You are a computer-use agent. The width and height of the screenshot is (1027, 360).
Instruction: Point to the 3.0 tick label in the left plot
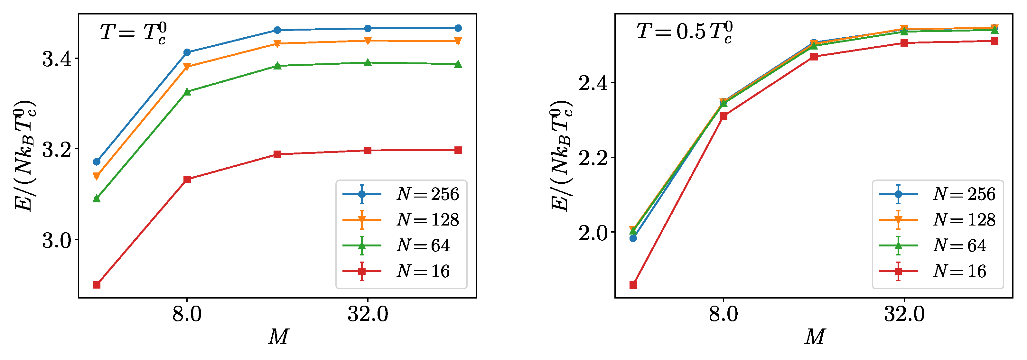pyautogui.click(x=57, y=240)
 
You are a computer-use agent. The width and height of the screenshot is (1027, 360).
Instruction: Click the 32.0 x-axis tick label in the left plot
pyautogui.click(x=368, y=314)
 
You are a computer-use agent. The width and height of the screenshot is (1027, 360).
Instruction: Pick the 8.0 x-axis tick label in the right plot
pyautogui.click(x=723, y=314)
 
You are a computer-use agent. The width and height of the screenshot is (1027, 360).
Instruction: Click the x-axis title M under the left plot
pyautogui.click(x=278, y=337)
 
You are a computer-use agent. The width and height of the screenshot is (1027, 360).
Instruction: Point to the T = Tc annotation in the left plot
pyautogui.click(x=133, y=33)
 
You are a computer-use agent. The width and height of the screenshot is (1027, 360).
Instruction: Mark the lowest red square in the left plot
pyautogui.click(x=97, y=285)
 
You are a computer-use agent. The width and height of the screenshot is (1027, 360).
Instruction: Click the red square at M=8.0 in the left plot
pyautogui.click(x=187, y=180)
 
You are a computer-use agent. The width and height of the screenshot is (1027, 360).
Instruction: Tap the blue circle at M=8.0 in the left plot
pyautogui.click(x=187, y=52)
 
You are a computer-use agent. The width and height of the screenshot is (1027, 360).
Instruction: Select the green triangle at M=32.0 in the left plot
pyautogui.click(x=368, y=63)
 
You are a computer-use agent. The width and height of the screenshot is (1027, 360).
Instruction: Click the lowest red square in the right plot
pyautogui.click(x=633, y=285)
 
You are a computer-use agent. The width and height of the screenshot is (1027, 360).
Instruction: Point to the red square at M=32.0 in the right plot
pyautogui.click(x=904, y=43)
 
